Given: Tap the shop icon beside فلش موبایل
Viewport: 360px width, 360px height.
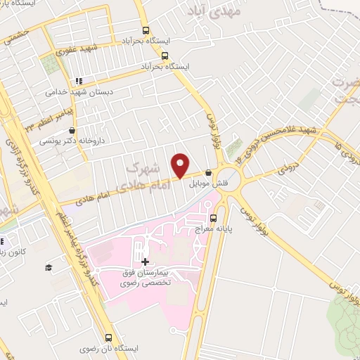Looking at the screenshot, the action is (207, 174).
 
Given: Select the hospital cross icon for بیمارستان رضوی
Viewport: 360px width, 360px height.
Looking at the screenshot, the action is (146, 262).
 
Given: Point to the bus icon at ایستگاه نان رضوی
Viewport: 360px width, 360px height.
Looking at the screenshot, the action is (108, 337).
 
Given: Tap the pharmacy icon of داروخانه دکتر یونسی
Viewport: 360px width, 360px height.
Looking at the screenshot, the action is (72, 131).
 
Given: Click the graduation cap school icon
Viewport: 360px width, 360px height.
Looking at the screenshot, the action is (49, 267).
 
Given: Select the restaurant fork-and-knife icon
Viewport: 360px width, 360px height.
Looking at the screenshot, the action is (79, 80).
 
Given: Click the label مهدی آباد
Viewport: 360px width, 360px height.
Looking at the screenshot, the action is (215, 12).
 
